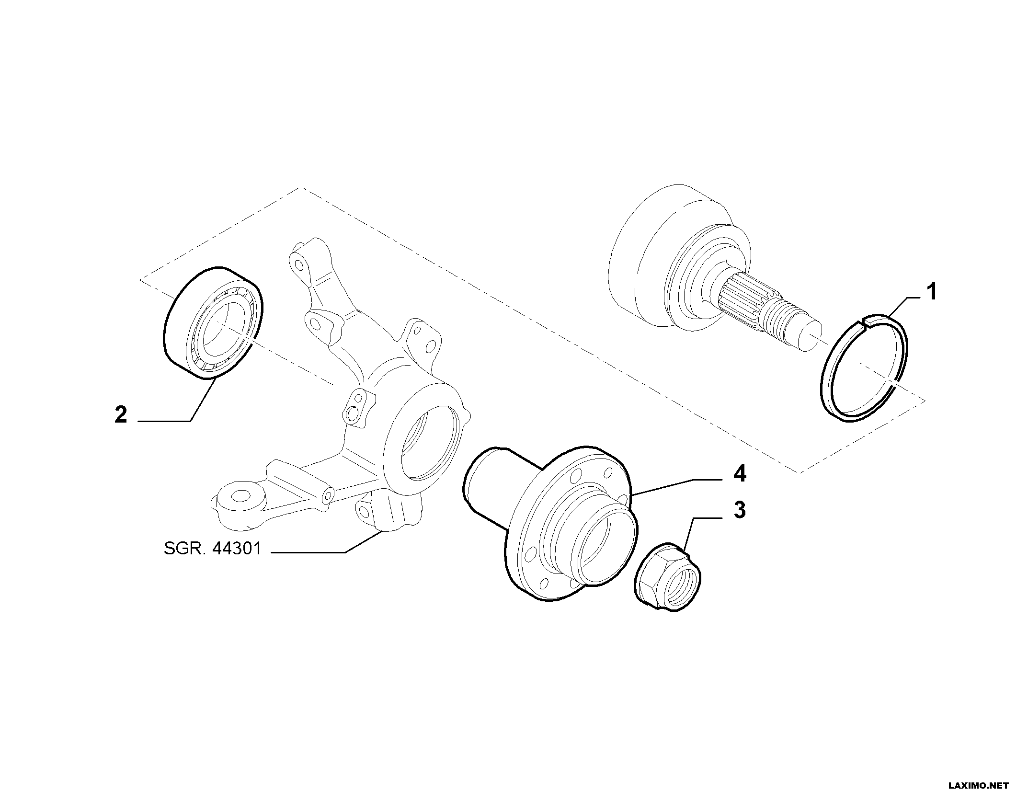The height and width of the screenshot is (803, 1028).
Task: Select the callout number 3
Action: (x=740, y=510)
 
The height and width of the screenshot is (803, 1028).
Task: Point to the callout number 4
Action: (x=740, y=474)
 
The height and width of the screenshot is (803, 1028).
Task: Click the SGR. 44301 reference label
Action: (x=213, y=549)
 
